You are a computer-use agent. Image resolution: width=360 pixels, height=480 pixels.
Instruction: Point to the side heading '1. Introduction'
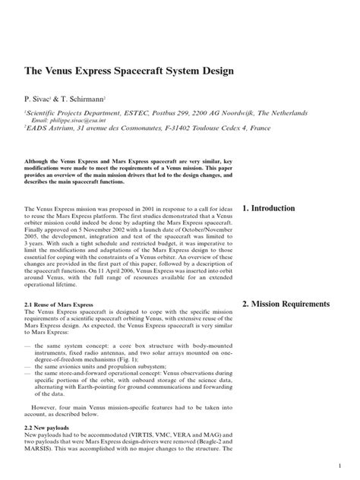[x=276, y=208]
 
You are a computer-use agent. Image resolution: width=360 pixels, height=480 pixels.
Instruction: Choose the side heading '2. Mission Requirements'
[x=296, y=304]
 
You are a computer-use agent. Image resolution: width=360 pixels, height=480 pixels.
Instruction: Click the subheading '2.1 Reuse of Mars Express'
[x=60, y=304]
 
